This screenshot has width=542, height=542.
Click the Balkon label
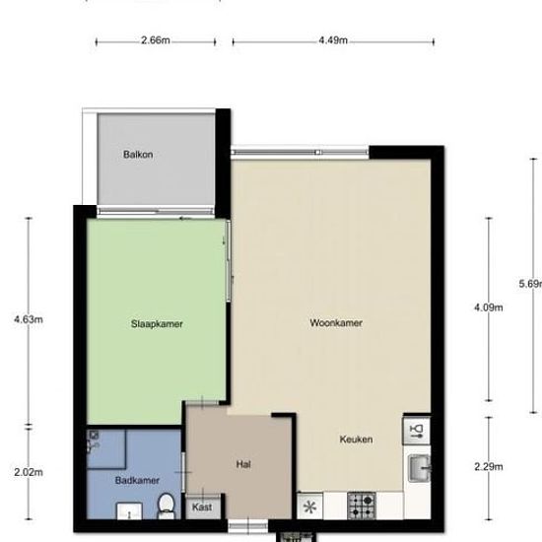[138, 155]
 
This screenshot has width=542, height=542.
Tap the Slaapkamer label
[158, 323]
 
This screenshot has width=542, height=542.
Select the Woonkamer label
[336, 323]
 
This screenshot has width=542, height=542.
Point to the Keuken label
[356, 440]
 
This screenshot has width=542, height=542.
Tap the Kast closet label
[202, 508]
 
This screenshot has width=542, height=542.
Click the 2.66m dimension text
[155, 41]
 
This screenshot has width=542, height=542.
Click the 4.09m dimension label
[489, 307]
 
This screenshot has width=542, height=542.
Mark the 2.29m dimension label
[489, 466]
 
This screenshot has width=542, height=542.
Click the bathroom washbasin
[129, 510]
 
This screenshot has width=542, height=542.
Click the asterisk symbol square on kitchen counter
[310, 508]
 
